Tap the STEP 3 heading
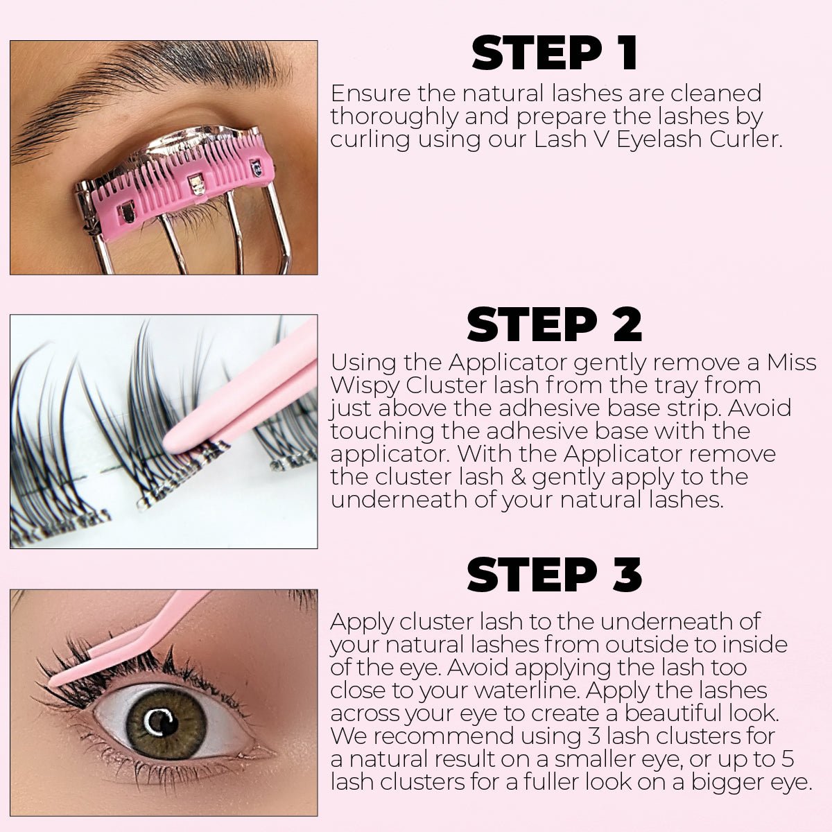point(554,575)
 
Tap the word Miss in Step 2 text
point(791,362)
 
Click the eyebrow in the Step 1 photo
point(139,83)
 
